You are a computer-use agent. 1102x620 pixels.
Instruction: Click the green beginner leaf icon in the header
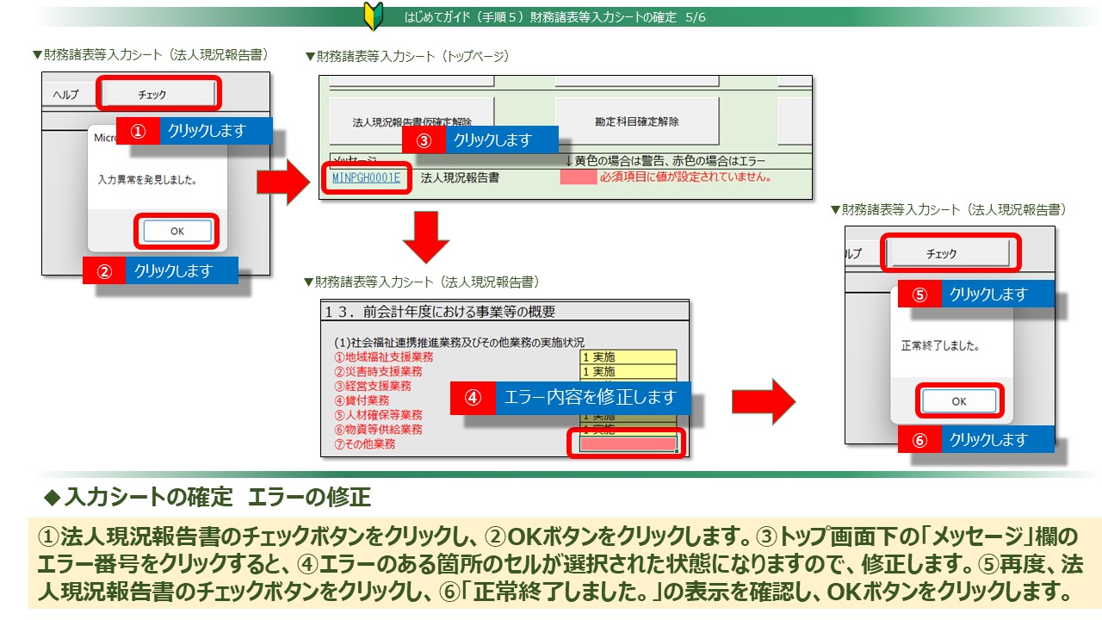374,17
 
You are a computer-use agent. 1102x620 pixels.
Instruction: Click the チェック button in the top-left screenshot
158,94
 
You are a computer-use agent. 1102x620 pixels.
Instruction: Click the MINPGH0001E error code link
366,178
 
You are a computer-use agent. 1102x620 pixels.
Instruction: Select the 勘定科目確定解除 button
636,121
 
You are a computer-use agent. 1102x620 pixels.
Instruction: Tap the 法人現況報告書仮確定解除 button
412,122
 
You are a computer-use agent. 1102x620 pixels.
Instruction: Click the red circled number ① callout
138,131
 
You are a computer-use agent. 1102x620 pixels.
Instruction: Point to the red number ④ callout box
473,398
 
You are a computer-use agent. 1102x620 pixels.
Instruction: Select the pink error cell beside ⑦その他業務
628,444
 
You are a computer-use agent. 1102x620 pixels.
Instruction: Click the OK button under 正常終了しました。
958,401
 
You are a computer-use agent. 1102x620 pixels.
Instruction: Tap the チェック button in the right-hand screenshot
947,253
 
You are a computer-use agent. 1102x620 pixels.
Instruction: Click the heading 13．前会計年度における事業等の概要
440,311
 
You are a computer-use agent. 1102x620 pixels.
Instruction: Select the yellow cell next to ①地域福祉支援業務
628,356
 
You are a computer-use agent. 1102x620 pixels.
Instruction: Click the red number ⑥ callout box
919,439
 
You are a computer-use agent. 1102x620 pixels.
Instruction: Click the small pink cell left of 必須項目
578,177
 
